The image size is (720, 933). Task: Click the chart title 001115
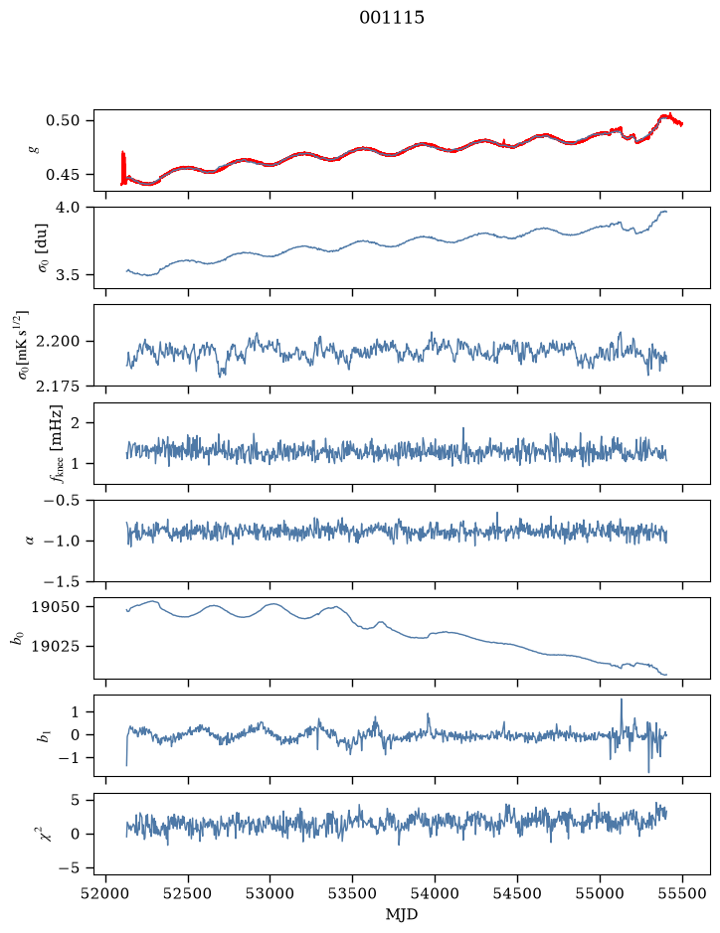coord(391,18)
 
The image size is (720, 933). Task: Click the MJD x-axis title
coord(402,914)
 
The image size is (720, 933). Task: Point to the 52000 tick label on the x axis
coord(106,893)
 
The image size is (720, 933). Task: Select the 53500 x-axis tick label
coord(353,893)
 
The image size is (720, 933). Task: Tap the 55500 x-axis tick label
coord(682,893)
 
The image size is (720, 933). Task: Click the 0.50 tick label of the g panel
coord(63,121)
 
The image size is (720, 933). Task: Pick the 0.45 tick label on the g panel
coord(63,175)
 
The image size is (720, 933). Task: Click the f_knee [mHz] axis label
coord(56,443)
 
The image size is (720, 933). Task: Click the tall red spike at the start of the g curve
coord(123,168)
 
